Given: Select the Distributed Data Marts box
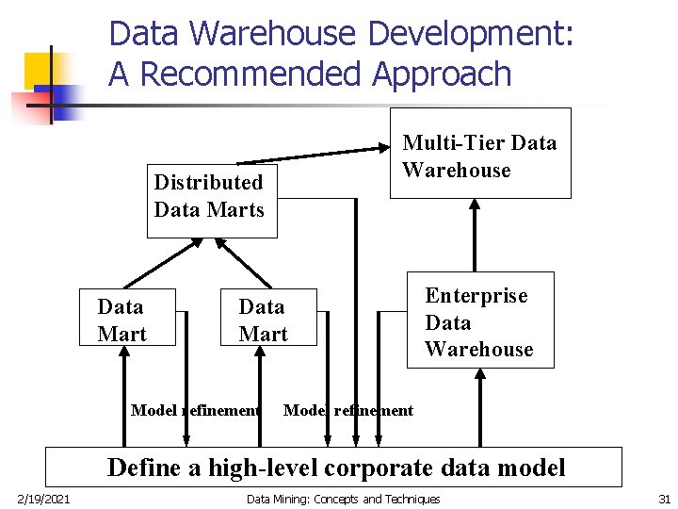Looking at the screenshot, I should pos(210,196).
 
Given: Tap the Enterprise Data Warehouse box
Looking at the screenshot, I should pos(478,320).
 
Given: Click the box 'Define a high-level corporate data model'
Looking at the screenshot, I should pos(335,468).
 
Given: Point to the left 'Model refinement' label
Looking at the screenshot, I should pos(195,410).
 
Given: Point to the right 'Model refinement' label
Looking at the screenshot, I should pos(348,410).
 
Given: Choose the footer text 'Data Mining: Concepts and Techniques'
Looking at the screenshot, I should pos(342,499).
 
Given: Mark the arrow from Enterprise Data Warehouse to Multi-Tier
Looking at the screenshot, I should pos(475,236).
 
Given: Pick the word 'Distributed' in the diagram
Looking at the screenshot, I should pos(208,182).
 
